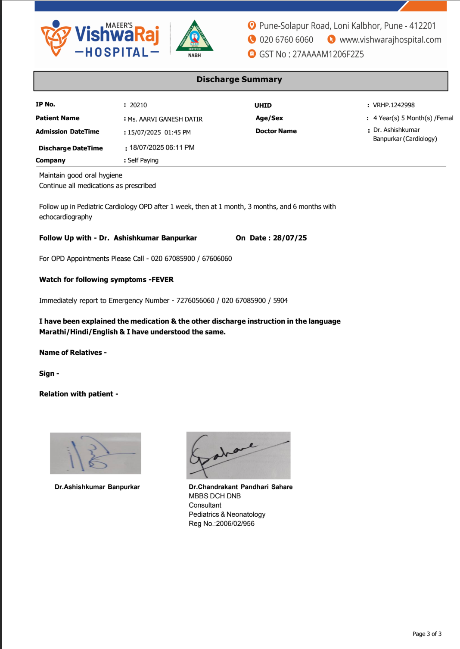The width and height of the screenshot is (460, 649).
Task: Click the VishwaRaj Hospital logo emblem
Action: tap(55, 38)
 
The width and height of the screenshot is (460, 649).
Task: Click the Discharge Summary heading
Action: tap(239, 79)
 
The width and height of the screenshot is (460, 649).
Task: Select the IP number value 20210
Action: tap(138, 105)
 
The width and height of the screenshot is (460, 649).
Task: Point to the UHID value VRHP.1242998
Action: tap(394, 105)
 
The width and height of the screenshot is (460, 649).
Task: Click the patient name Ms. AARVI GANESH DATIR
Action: tap(165, 119)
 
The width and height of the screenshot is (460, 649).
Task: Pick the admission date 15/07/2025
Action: tap(144, 133)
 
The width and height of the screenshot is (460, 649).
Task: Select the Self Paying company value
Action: tap(143, 160)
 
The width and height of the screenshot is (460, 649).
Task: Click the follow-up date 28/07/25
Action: tap(290, 238)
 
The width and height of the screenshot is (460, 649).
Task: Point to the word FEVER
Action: tap(163, 280)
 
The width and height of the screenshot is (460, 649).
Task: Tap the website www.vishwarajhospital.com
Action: tap(390, 40)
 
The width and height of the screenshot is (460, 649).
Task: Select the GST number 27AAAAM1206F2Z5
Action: tap(328, 54)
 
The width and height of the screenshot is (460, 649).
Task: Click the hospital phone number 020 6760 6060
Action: tap(286, 40)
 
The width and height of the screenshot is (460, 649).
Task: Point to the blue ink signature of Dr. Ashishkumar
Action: tap(95, 453)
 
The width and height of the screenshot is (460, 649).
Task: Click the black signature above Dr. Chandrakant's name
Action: tap(238, 455)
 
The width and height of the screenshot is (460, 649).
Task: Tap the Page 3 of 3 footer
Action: tap(427, 634)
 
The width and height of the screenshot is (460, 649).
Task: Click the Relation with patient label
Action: tap(78, 394)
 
